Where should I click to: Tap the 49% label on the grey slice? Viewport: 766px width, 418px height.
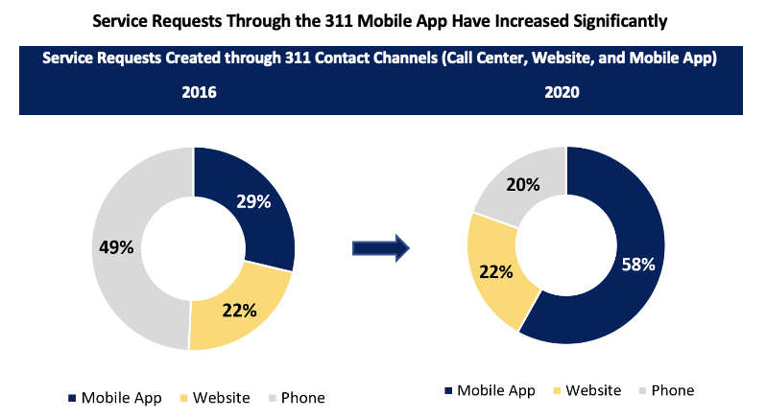115,247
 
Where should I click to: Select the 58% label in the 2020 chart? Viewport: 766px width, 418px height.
636,264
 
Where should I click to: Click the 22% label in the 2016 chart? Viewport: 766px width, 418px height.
239,310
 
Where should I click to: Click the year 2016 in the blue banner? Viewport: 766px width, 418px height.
199,93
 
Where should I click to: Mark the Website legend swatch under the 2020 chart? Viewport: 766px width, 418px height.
558,390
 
